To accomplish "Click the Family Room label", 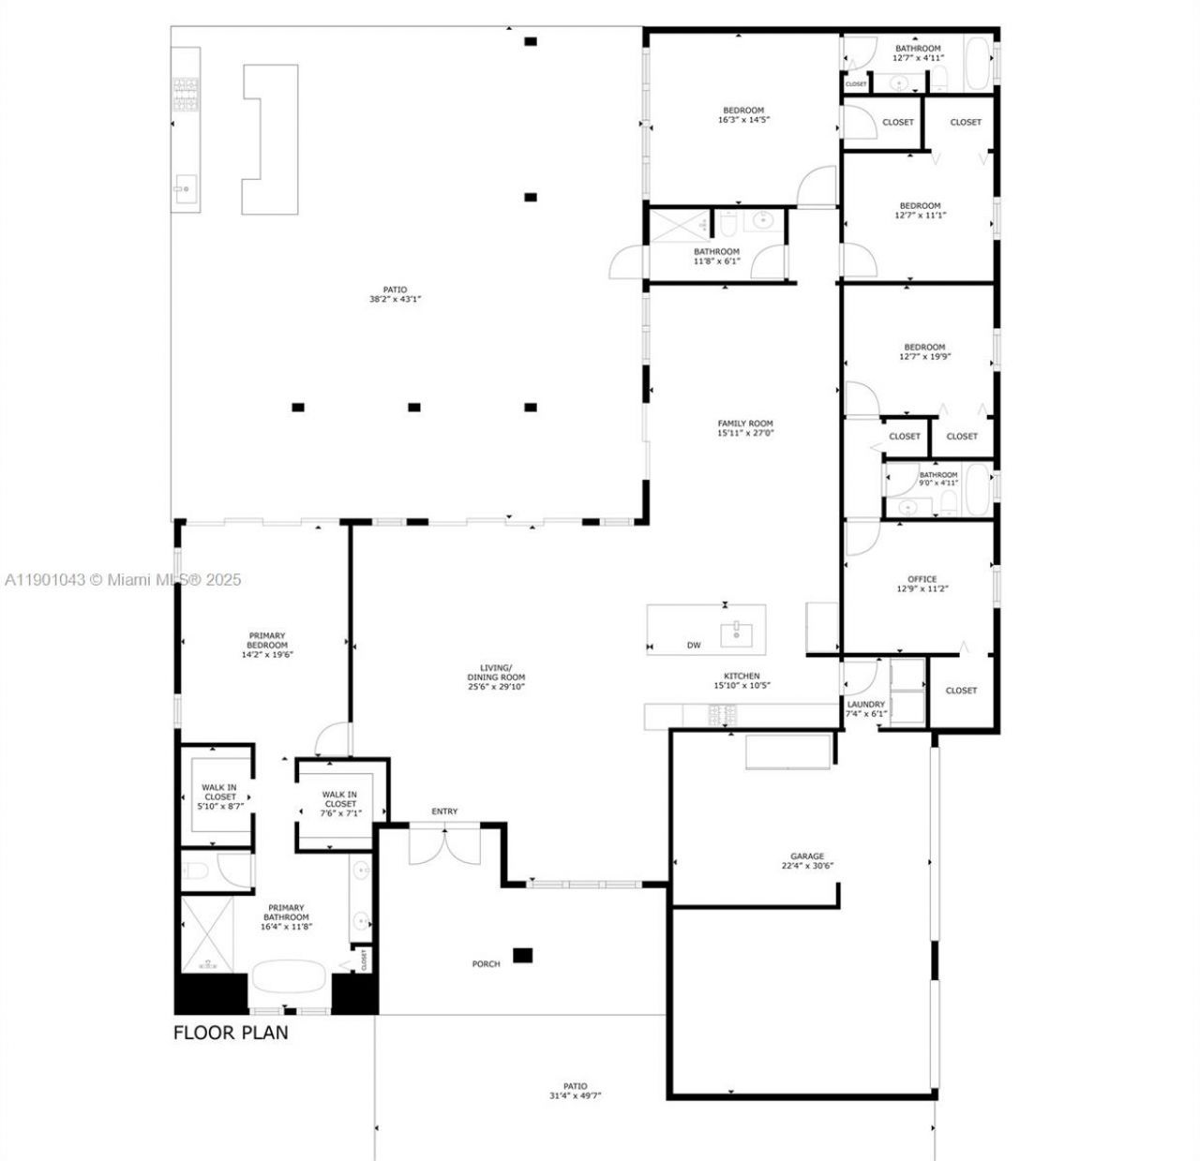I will point(745,424).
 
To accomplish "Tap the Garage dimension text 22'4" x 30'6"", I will point(806,866).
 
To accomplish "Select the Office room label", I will point(922,579).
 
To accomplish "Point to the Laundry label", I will point(865,704).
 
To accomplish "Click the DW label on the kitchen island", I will point(694,645).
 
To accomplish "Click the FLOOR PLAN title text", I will point(231,1033).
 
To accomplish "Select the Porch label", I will point(486,963).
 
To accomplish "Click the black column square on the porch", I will point(522,955).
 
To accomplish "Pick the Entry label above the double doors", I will point(444,811).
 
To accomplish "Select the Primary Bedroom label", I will point(267,640).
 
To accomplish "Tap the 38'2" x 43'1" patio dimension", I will point(395,300).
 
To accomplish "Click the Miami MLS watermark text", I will point(123,580).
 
